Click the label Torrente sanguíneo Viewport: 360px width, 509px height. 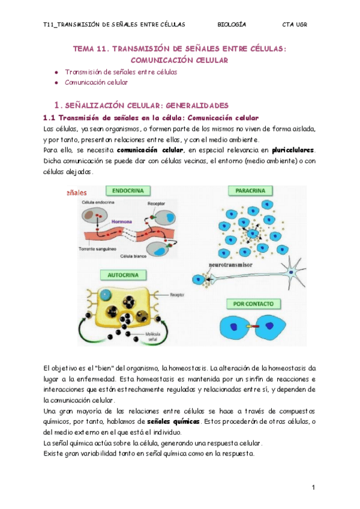coord(97,248)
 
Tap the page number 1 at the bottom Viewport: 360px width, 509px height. coord(314,487)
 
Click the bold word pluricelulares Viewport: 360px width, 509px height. coord(293,150)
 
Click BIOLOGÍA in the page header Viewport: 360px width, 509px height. coord(232,25)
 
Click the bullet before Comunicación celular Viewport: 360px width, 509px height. coord(56,82)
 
